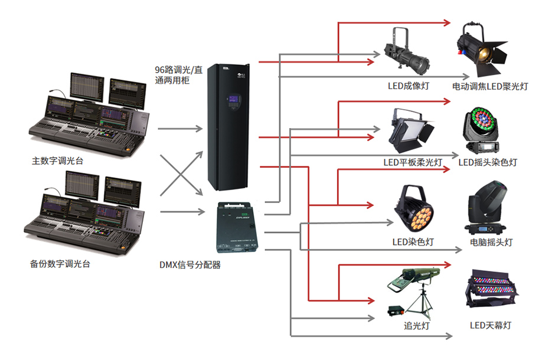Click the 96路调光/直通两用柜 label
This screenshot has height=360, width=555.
178,75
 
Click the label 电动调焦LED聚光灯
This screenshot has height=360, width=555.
490,86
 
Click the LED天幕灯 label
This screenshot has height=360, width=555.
490,325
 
